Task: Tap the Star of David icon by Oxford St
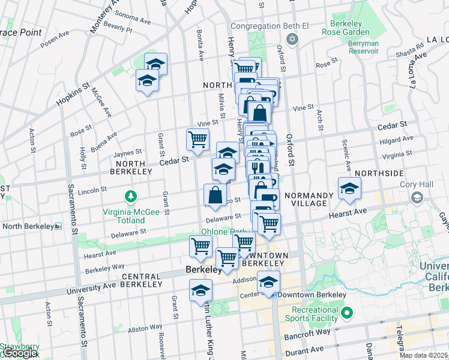(292, 40)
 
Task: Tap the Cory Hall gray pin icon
(416, 197)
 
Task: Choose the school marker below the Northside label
(349, 189)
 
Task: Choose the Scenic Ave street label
(346, 155)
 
